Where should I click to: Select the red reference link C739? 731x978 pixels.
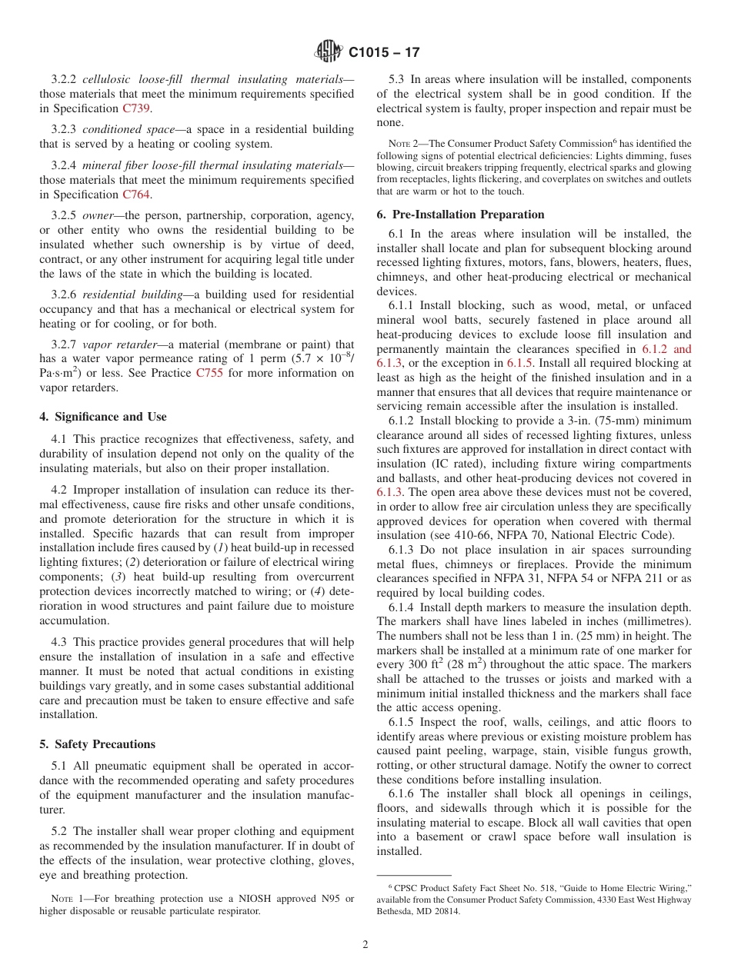point(136,108)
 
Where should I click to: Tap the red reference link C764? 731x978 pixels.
point(136,195)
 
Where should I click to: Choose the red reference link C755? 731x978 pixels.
point(209,374)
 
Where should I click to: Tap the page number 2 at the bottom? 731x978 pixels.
point(365,945)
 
